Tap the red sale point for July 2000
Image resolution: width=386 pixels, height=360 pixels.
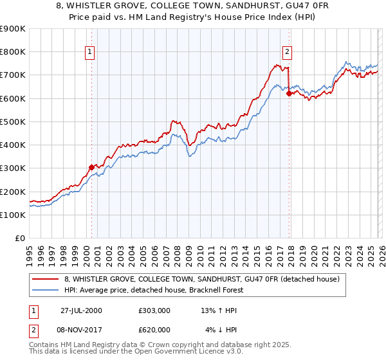91,167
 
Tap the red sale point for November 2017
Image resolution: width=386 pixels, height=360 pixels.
289,93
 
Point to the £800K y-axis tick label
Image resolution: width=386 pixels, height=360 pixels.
13,52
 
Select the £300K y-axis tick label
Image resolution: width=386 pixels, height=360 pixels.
13,168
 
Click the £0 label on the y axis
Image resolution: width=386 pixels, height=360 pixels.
20,239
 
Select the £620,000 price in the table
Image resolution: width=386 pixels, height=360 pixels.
154,330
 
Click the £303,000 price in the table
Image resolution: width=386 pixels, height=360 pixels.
154,310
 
